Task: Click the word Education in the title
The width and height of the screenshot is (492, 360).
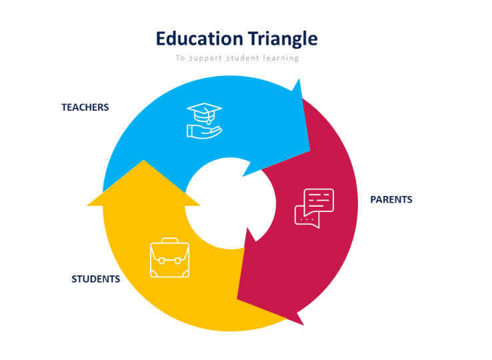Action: click(x=199, y=39)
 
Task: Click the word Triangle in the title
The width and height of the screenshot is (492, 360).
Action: click(x=283, y=39)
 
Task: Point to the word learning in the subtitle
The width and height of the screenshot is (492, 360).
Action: click(x=281, y=59)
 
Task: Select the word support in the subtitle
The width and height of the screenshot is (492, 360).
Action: click(x=205, y=59)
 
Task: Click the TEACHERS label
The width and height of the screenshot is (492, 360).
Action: click(x=85, y=107)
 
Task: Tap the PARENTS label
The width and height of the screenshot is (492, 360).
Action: click(x=391, y=199)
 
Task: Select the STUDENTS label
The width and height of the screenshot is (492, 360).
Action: click(x=96, y=279)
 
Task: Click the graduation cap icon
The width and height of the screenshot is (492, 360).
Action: click(x=204, y=113)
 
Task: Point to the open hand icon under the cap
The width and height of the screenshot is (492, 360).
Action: click(x=204, y=131)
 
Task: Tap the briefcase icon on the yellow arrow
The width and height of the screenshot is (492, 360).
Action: click(x=170, y=258)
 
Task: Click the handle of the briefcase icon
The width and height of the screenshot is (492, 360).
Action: click(x=170, y=241)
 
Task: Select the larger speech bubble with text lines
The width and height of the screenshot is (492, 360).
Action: click(x=319, y=201)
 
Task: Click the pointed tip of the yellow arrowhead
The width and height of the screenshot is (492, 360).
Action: click(x=144, y=161)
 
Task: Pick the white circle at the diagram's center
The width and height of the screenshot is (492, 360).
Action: click(x=231, y=203)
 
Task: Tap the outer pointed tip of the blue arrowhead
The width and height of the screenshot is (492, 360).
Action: click(x=299, y=79)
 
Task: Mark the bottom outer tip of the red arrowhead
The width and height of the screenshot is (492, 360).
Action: click(x=303, y=325)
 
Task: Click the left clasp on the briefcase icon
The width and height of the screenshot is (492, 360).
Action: click(x=162, y=261)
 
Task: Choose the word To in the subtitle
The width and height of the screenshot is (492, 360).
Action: click(x=180, y=58)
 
